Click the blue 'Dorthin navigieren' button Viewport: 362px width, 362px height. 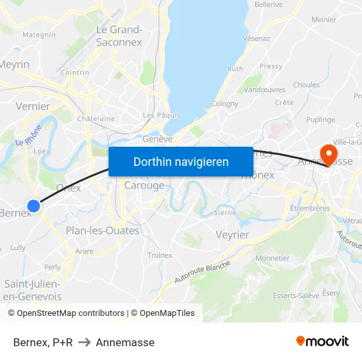point(181,161)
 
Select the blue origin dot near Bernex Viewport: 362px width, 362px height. point(34,206)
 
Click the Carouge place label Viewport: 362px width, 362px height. point(144,186)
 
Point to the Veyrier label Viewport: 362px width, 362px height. point(232,235)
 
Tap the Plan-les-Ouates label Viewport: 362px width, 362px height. point(103,231)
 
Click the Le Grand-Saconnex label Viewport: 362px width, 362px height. point(119,36)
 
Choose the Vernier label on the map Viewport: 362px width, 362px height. point(32,106)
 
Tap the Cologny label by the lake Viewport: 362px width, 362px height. point(225,103)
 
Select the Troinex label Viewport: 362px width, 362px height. point(160,255)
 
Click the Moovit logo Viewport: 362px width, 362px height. point(323,342)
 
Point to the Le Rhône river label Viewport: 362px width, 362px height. point(28,136)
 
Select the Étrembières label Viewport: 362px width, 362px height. point(310,208)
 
